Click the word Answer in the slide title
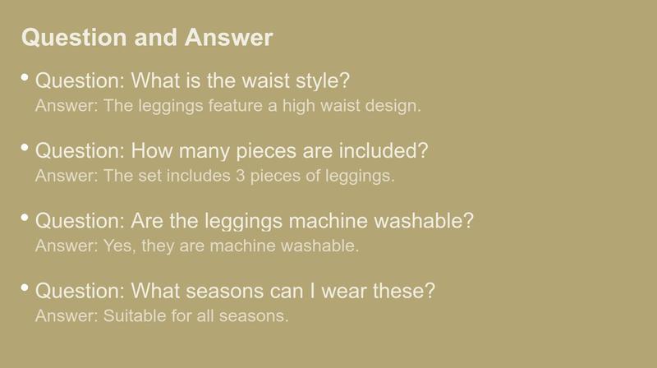228,37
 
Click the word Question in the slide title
74,38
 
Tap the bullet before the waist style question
25,77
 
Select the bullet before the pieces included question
25,148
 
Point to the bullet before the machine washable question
25,218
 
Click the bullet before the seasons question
25,287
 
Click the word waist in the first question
265,80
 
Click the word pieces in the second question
266,151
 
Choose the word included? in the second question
384,150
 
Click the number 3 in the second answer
240,176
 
